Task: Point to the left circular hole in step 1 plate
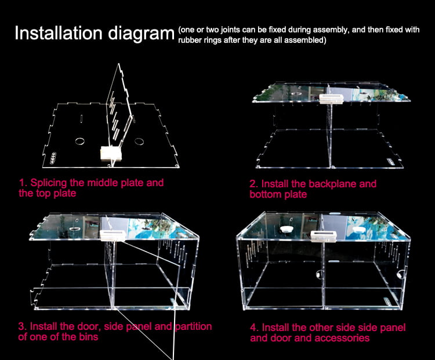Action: click(x=79, y=141)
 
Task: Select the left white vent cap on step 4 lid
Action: click(x=286, y=230)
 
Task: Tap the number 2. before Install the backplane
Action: click(x=253, y=184)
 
